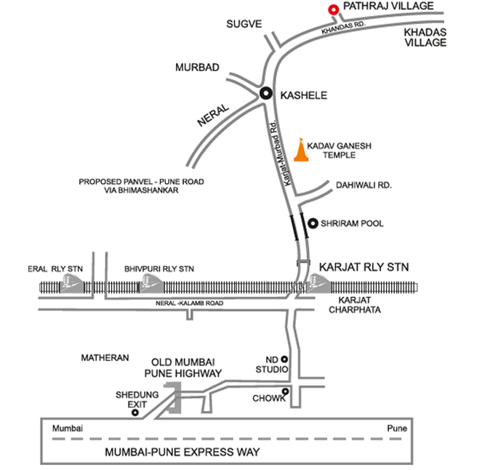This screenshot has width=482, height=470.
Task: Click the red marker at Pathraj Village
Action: (x=333, y=10)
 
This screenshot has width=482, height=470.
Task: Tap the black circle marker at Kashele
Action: (x=266, y=93)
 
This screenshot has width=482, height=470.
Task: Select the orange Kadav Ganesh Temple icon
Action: (x=301, y=150)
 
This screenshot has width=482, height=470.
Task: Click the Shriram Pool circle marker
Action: (x=313, y=223)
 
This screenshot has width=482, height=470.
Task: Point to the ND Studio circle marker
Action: (x=285, y=358)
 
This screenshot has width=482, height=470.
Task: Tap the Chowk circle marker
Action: (x=285, y=392)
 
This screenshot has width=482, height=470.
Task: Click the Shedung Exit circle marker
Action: (x=135, y=413)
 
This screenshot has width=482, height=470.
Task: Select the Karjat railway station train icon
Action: (x=318, y=283)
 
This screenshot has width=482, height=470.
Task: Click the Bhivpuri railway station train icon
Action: (x=151, y=283)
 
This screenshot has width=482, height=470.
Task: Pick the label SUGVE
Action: (x=244, y=24)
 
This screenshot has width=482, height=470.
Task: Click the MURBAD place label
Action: (x=197, y=68)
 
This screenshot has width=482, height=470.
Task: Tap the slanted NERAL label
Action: (x=213, y=116)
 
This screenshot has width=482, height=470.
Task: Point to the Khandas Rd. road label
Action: (x=343, y=28)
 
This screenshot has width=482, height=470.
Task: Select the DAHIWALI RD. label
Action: (x=363, y=185)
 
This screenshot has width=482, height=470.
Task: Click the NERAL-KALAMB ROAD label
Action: (x=189, y=303)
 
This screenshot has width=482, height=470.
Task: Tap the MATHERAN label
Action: (x=105, y=358)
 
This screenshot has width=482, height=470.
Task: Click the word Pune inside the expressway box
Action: (x=397, y=428)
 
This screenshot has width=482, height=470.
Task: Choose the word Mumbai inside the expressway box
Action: (x=68, y=428)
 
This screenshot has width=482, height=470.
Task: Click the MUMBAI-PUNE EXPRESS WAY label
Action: (x=182, y=452)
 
